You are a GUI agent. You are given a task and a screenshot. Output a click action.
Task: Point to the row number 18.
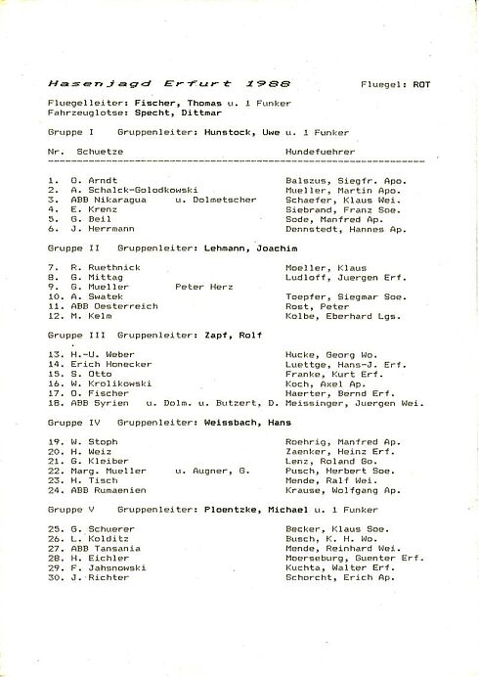pos(55,402)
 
